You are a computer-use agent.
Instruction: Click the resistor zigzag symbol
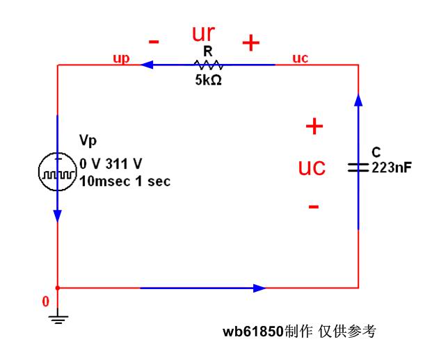click(x=208, y=65)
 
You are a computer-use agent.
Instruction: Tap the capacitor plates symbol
click(x=358, y=167)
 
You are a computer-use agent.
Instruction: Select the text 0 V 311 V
click(x=111, y=165)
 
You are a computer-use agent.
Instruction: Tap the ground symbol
click(x=57, y=318)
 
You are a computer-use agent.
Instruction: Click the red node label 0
click(x=46, y=302)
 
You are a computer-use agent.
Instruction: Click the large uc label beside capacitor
click(x=312, y=167)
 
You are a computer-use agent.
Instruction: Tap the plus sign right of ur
click(x=250, y=43)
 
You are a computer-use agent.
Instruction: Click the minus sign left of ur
click(x=154, y=42)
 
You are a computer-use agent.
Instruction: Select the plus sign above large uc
click(x=315, y=126)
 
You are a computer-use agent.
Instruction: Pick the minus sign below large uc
click(x=314, y=206)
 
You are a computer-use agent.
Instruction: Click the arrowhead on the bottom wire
click(x=259, y=288)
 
